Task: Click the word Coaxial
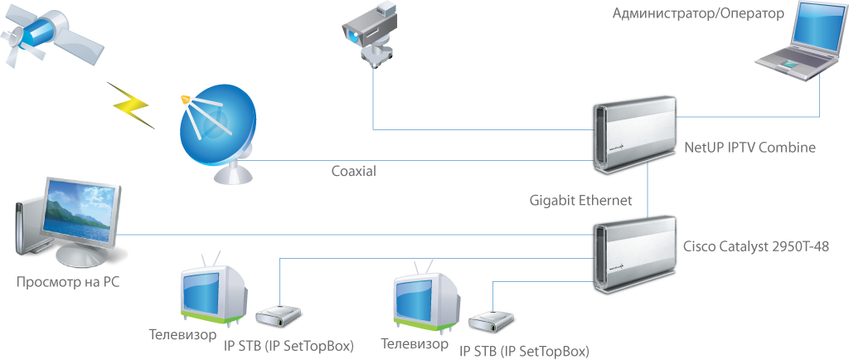coord(354,171)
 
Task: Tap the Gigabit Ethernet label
coord(580,200)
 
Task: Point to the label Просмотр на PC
coord(67,282)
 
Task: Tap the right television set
coord(425,299)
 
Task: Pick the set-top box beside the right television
coord(492,321)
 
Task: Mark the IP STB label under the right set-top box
coord(523,351)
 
